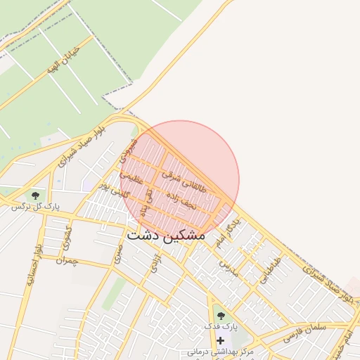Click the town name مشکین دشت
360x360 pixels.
click(166, 236)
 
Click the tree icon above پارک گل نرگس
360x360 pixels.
click(35, 195)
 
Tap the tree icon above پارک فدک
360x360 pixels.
click(221, 316)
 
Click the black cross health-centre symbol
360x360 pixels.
click(221, 340)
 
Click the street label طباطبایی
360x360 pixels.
click(270, 269)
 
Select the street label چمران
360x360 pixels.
click(65, 262)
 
